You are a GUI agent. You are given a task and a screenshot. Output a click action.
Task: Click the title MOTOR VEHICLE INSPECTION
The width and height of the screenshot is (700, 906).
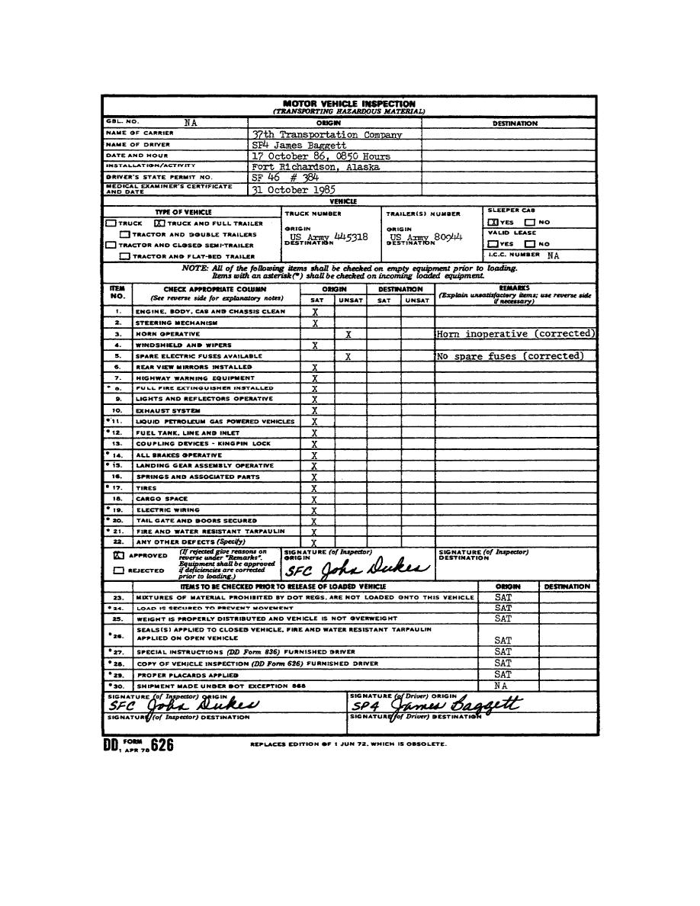349,103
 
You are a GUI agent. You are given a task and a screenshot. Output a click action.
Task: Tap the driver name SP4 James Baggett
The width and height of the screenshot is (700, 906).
299,145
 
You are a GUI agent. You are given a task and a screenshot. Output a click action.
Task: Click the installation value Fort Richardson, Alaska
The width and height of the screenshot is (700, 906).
316,167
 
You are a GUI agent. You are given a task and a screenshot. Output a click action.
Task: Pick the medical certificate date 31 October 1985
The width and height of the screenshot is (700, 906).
294,190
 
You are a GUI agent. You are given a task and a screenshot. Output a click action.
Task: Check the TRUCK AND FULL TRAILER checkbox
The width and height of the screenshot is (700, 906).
160,223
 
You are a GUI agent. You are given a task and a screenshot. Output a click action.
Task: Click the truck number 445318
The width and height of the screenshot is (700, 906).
352,237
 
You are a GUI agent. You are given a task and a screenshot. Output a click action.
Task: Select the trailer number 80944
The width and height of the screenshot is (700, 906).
448,237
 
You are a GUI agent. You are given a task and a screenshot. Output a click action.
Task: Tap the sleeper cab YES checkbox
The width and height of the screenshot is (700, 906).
493,222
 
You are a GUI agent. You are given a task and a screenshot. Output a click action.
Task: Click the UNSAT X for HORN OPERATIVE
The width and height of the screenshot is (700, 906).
348,334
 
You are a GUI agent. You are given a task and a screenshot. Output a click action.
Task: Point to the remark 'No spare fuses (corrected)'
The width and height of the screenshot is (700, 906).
510,356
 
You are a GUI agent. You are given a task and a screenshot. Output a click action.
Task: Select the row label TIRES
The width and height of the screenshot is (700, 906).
146,488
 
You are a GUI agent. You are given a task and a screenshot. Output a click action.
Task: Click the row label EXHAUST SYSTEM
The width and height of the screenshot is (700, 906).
161,410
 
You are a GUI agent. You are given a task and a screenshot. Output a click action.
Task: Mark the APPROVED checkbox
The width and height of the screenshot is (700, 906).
118,556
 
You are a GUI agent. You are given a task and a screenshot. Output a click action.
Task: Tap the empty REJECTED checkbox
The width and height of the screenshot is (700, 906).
118,570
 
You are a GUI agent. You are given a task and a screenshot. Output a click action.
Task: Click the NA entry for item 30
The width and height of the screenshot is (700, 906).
500,686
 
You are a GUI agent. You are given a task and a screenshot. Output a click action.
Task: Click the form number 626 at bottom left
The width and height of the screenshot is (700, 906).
162,745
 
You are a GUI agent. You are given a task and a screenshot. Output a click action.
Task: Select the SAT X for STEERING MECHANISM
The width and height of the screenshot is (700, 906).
314,323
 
